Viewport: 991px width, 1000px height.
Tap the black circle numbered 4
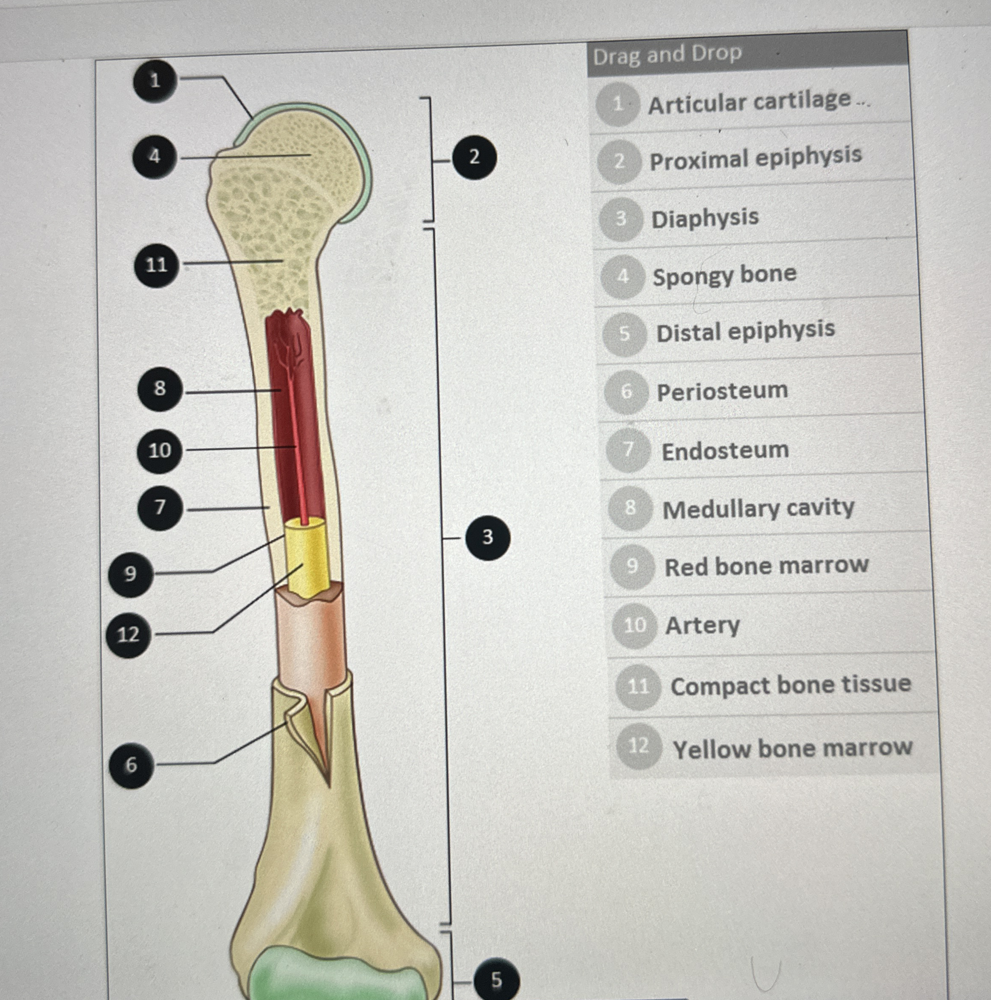tap(155, 156)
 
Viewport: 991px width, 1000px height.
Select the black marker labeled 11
tap(157, 265)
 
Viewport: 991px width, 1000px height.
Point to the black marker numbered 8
tap(160, 389)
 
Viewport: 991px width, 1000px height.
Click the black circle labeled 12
tap(128, 635)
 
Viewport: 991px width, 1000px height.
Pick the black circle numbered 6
tap(131, 765)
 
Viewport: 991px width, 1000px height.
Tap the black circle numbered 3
tap(487, 537)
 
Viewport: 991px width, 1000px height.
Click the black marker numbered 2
tap(474, 157)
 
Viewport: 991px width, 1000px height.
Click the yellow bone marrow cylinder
tap(308, 559)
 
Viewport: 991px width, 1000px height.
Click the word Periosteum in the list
tap(722, 391)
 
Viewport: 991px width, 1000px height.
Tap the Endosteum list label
tap(725, 450)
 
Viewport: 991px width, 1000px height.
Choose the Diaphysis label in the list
tap(705, 218)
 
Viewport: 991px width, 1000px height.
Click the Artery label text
tap(702, 625)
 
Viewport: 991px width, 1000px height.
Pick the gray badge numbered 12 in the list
tap(639, 746)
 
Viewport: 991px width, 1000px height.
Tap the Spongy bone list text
tap(724, 275)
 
